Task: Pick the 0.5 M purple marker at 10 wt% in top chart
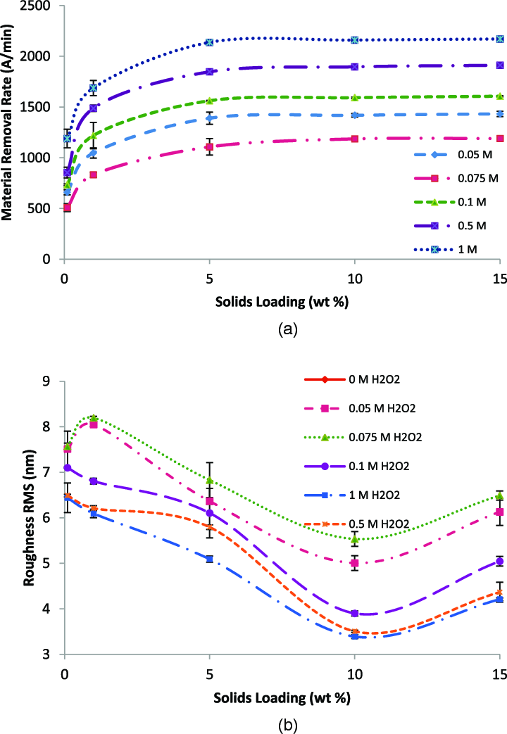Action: [x=355, y=67]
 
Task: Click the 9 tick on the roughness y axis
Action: [x=49, y=382]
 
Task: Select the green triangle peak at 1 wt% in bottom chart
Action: [x=93, y=418]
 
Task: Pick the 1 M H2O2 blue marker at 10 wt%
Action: [x=355, y=636]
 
